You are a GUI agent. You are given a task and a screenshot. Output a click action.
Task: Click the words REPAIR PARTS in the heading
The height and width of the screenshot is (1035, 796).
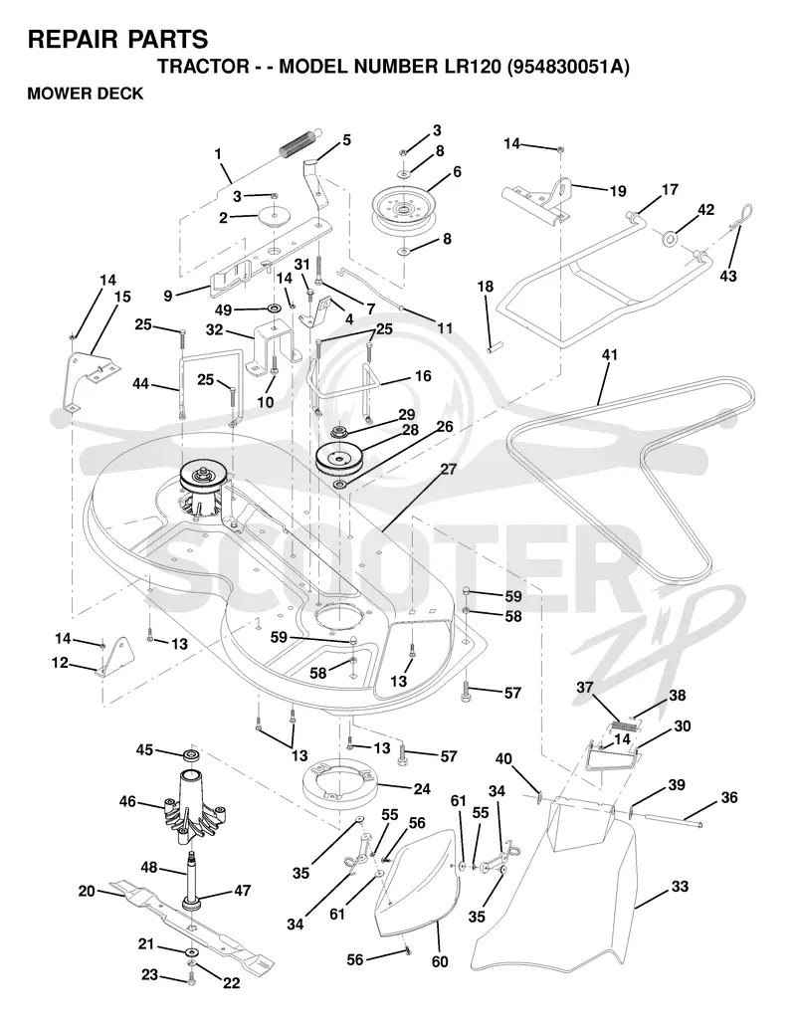tap(117, 40)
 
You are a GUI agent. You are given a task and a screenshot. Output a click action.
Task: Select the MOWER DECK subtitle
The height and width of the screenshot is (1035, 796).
tap(86, 94)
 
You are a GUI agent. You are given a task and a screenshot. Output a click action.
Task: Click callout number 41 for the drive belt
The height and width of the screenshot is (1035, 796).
tap(609, 355)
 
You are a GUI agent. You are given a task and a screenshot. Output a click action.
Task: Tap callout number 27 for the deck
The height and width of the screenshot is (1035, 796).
tap(448, 470)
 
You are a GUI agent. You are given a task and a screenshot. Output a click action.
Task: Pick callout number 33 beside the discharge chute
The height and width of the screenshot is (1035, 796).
tap(680, 887)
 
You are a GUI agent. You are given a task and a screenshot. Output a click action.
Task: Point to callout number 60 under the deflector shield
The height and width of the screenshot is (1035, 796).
tap(440, 961)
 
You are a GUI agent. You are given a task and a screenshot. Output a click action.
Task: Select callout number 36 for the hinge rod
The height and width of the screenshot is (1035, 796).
tap(729, 797)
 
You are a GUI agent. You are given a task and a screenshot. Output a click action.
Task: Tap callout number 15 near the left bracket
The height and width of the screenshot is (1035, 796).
tap(122, 298)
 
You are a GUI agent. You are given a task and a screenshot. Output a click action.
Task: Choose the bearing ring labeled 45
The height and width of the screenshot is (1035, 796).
tap(191, 755)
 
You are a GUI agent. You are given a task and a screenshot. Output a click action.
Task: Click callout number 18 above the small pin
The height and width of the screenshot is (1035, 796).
tap(486, 287)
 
